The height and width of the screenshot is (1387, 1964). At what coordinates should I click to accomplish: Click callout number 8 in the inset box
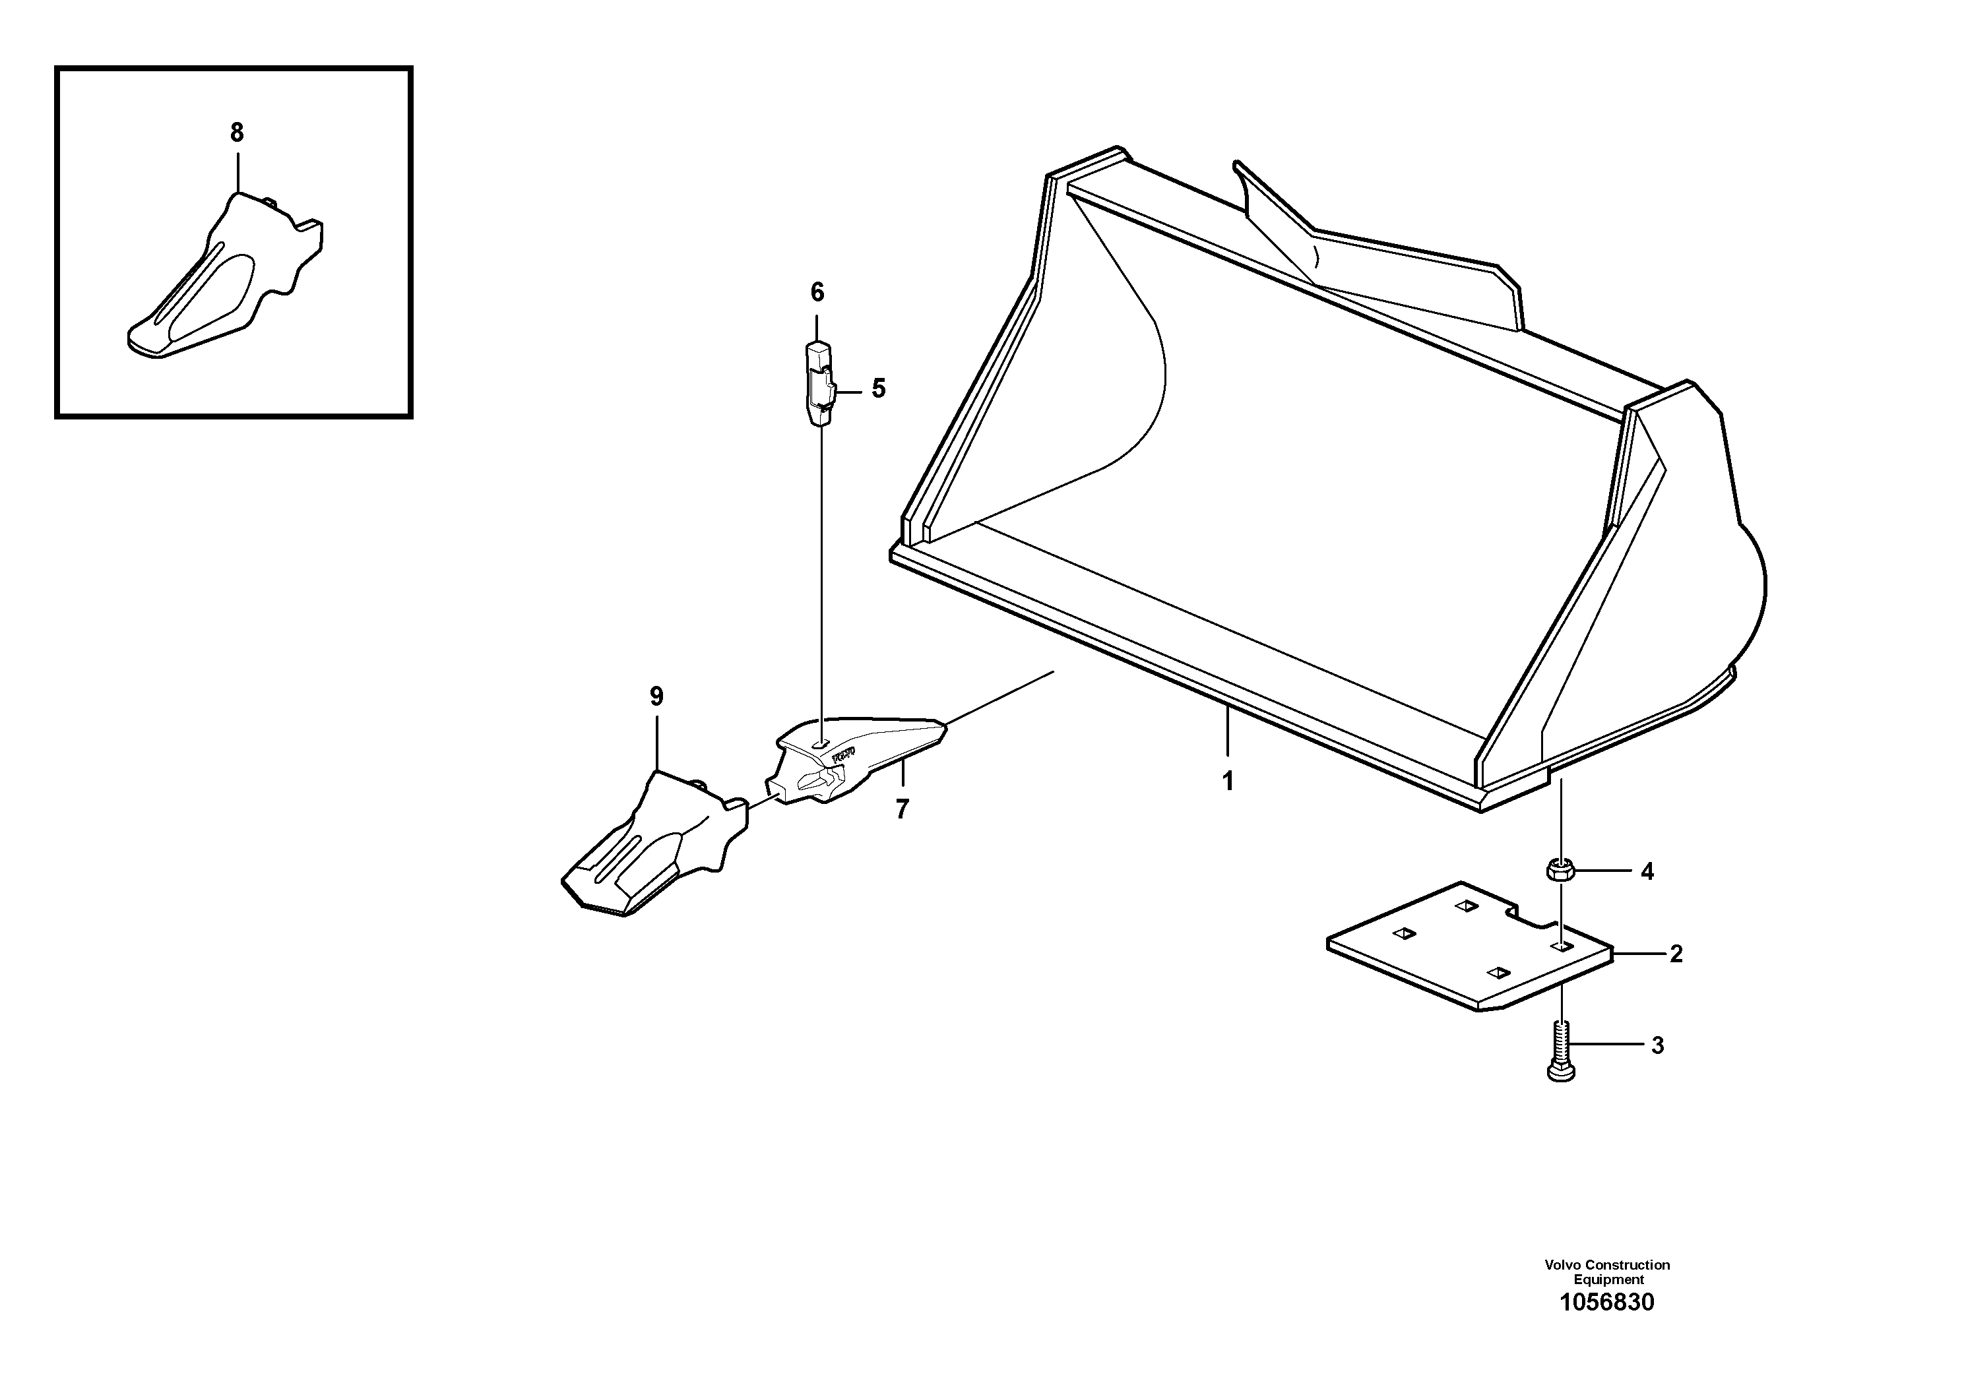[x=237, y=133]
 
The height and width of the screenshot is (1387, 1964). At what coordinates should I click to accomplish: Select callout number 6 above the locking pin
[x=817, y=293]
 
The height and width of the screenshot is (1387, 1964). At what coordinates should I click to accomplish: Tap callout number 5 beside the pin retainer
[x=879, y=389]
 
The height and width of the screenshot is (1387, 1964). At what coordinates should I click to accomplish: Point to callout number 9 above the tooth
[x=656, y=697]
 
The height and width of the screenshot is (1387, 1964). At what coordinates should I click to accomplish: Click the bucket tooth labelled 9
[x=650, y=847]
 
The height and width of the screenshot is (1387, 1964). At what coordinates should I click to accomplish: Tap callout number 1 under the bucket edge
[x=1228, y=781]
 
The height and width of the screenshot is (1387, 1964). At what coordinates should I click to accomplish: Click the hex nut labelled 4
[x=1560, y=871]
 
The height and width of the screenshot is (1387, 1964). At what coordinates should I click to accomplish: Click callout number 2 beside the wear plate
[x=1676, y=954]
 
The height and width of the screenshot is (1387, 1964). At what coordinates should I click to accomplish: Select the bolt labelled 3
[x=1561, y=1050]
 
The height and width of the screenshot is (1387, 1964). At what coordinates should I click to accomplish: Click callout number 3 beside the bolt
[x=1657, y=1046]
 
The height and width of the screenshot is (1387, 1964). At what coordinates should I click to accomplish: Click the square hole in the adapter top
[x=820, y=745]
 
